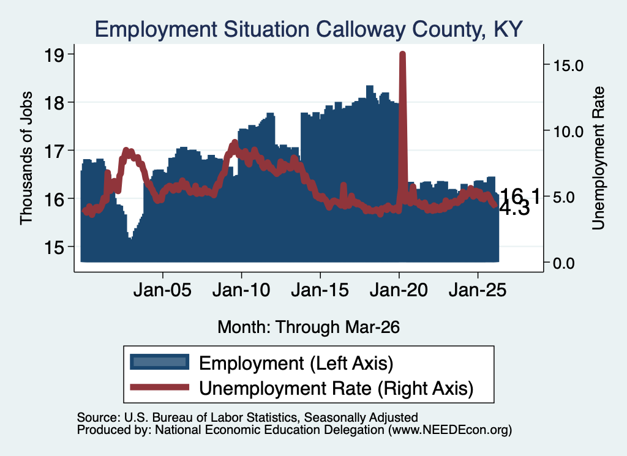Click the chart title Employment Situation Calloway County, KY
pos(309,29)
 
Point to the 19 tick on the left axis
pos(54,55)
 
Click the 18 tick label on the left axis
pos(54,103)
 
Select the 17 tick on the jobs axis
pos(54,151)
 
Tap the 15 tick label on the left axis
pos(54,247)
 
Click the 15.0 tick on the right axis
pos(568,65)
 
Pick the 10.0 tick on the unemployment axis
pos(568,131)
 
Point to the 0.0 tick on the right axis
pos(564,263)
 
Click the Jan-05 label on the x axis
pos(162,290)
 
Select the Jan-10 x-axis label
pos(241,290)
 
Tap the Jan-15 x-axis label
pos(320,290)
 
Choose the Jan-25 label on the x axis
pos(478,290)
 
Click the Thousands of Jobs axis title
pos(26,159)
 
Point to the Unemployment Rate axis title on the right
pos(598,159)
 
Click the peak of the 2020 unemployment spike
pos(402,54)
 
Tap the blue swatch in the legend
pos(160,362)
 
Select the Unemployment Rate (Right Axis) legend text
pos(336,388)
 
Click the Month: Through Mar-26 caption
pos(309,327)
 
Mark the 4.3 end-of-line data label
pos(515,209)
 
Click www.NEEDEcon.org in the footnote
pos(450,430)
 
